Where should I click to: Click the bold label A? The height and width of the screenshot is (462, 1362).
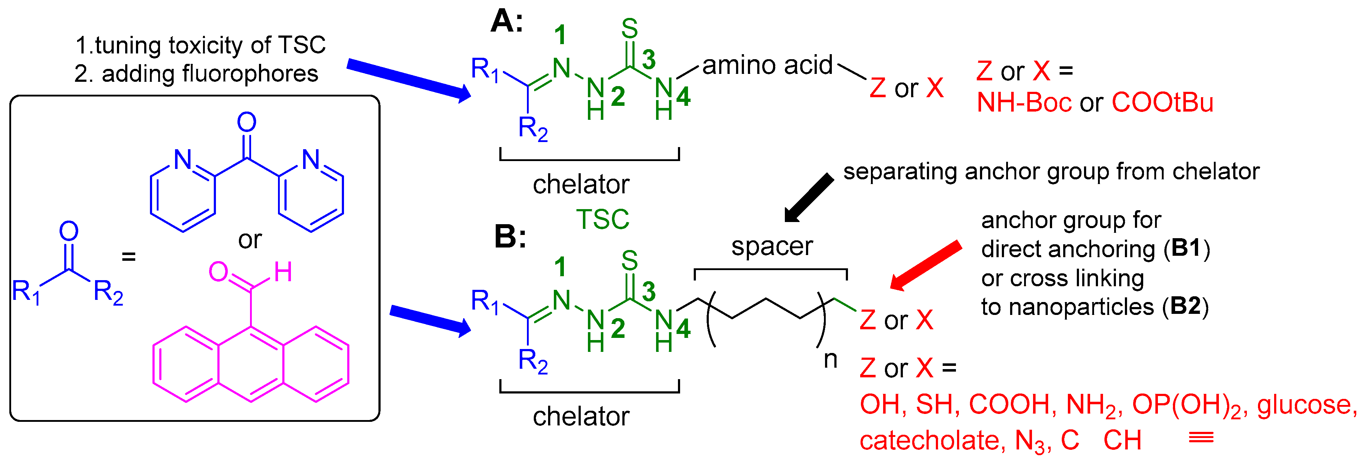coord(506,22)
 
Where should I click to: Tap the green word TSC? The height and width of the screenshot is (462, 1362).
coord(602,220)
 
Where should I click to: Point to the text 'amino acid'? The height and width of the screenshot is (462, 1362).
coord(767,66)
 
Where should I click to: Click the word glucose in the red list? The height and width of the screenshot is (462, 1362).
coord(1306,405)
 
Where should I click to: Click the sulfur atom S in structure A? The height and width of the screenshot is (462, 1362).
coord(629,29)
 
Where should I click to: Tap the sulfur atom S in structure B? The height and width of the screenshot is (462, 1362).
coord(629,261)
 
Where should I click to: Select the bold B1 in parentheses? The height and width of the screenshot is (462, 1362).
coord(1187,249)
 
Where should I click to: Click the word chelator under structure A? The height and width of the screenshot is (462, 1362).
coord(580,184)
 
